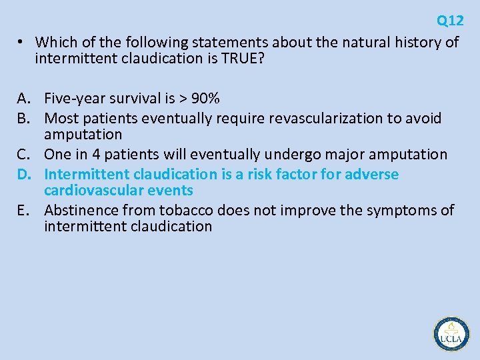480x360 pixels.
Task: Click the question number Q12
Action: (x=450, y=21)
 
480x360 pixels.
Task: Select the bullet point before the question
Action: (x=21, y=42)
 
